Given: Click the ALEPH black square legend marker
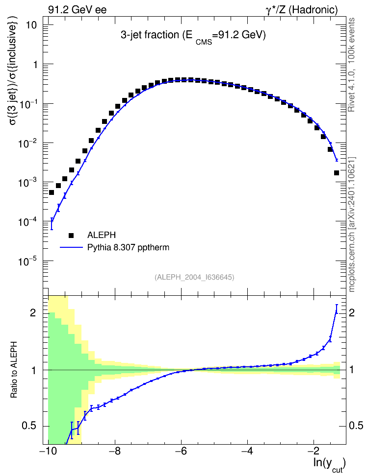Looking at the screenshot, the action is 72,235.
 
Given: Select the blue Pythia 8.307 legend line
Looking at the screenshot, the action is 71,247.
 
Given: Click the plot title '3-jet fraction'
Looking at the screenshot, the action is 150,35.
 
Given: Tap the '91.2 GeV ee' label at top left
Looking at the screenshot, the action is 78,10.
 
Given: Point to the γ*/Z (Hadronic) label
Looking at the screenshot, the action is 302,10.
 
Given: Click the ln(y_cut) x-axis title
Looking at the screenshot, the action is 330,464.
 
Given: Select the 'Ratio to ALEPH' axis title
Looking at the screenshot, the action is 14,370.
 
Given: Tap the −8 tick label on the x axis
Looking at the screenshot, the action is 114,451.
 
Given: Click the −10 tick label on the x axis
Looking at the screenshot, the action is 48,451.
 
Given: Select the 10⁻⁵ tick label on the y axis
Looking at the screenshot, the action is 27,261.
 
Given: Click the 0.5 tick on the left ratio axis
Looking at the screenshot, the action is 29,426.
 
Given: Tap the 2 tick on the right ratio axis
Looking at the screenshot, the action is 352,312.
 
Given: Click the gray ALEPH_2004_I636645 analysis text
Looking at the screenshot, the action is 194,277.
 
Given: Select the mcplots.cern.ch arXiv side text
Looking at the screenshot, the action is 352,224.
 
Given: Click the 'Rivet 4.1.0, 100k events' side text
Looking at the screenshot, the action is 351,65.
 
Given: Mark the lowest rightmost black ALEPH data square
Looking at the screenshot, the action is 337,173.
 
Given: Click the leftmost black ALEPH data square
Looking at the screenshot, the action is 52,192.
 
